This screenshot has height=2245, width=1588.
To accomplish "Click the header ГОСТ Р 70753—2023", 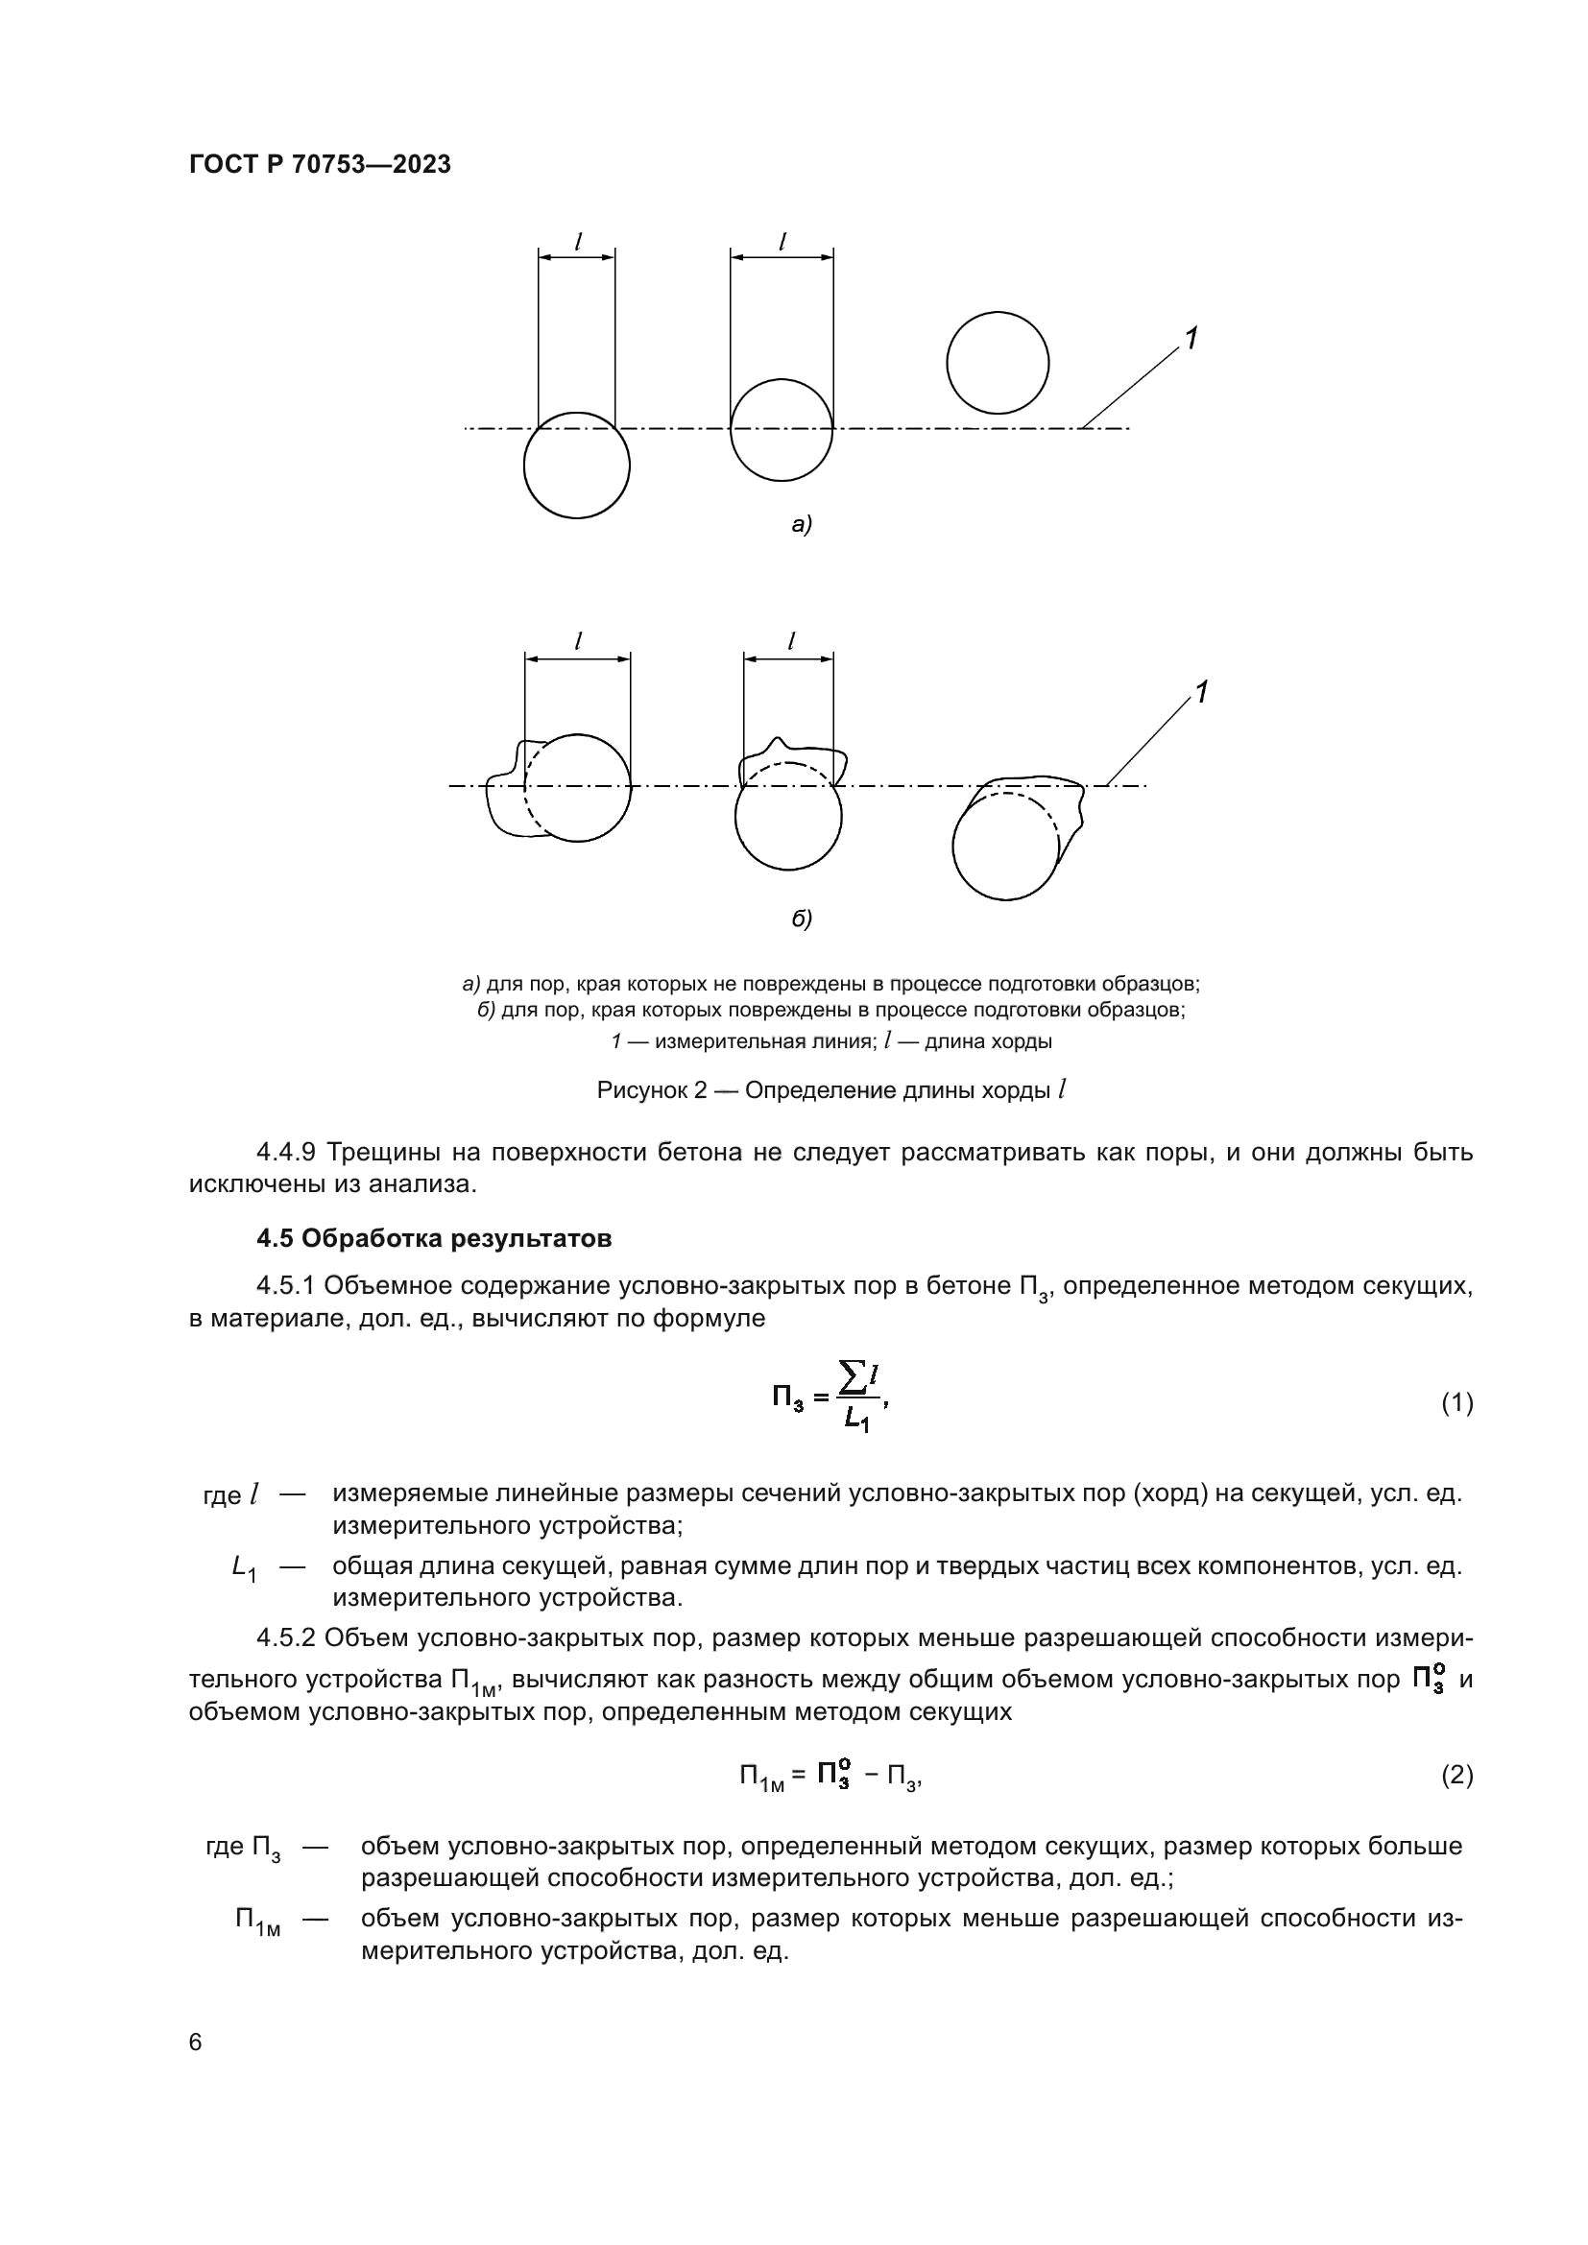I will (x=320, y=165).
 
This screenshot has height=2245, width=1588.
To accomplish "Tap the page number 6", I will (x=196, y=2042).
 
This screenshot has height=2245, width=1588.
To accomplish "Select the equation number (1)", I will (x=1456, y=1403).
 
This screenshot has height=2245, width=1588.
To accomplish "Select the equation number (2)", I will (x=1456, y=1775).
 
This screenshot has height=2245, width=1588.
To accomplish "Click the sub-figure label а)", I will (x=802, y=525).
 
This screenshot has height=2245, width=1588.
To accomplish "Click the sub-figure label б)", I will (x=802, y=919).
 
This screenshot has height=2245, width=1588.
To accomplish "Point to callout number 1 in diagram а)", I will (x=1191, y=339).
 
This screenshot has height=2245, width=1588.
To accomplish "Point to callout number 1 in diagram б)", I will (x=1202, y=693).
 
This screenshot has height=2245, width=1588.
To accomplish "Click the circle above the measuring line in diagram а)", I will (x=998, y=363).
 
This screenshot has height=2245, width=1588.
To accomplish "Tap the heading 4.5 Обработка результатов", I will (x=434, y=1239).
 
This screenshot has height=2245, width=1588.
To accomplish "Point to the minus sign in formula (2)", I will (x=870, y=1775).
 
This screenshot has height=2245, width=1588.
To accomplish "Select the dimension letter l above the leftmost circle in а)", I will (x=578, y=241).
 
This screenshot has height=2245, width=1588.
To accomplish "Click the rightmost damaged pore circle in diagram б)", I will (x=1005, y=846).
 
